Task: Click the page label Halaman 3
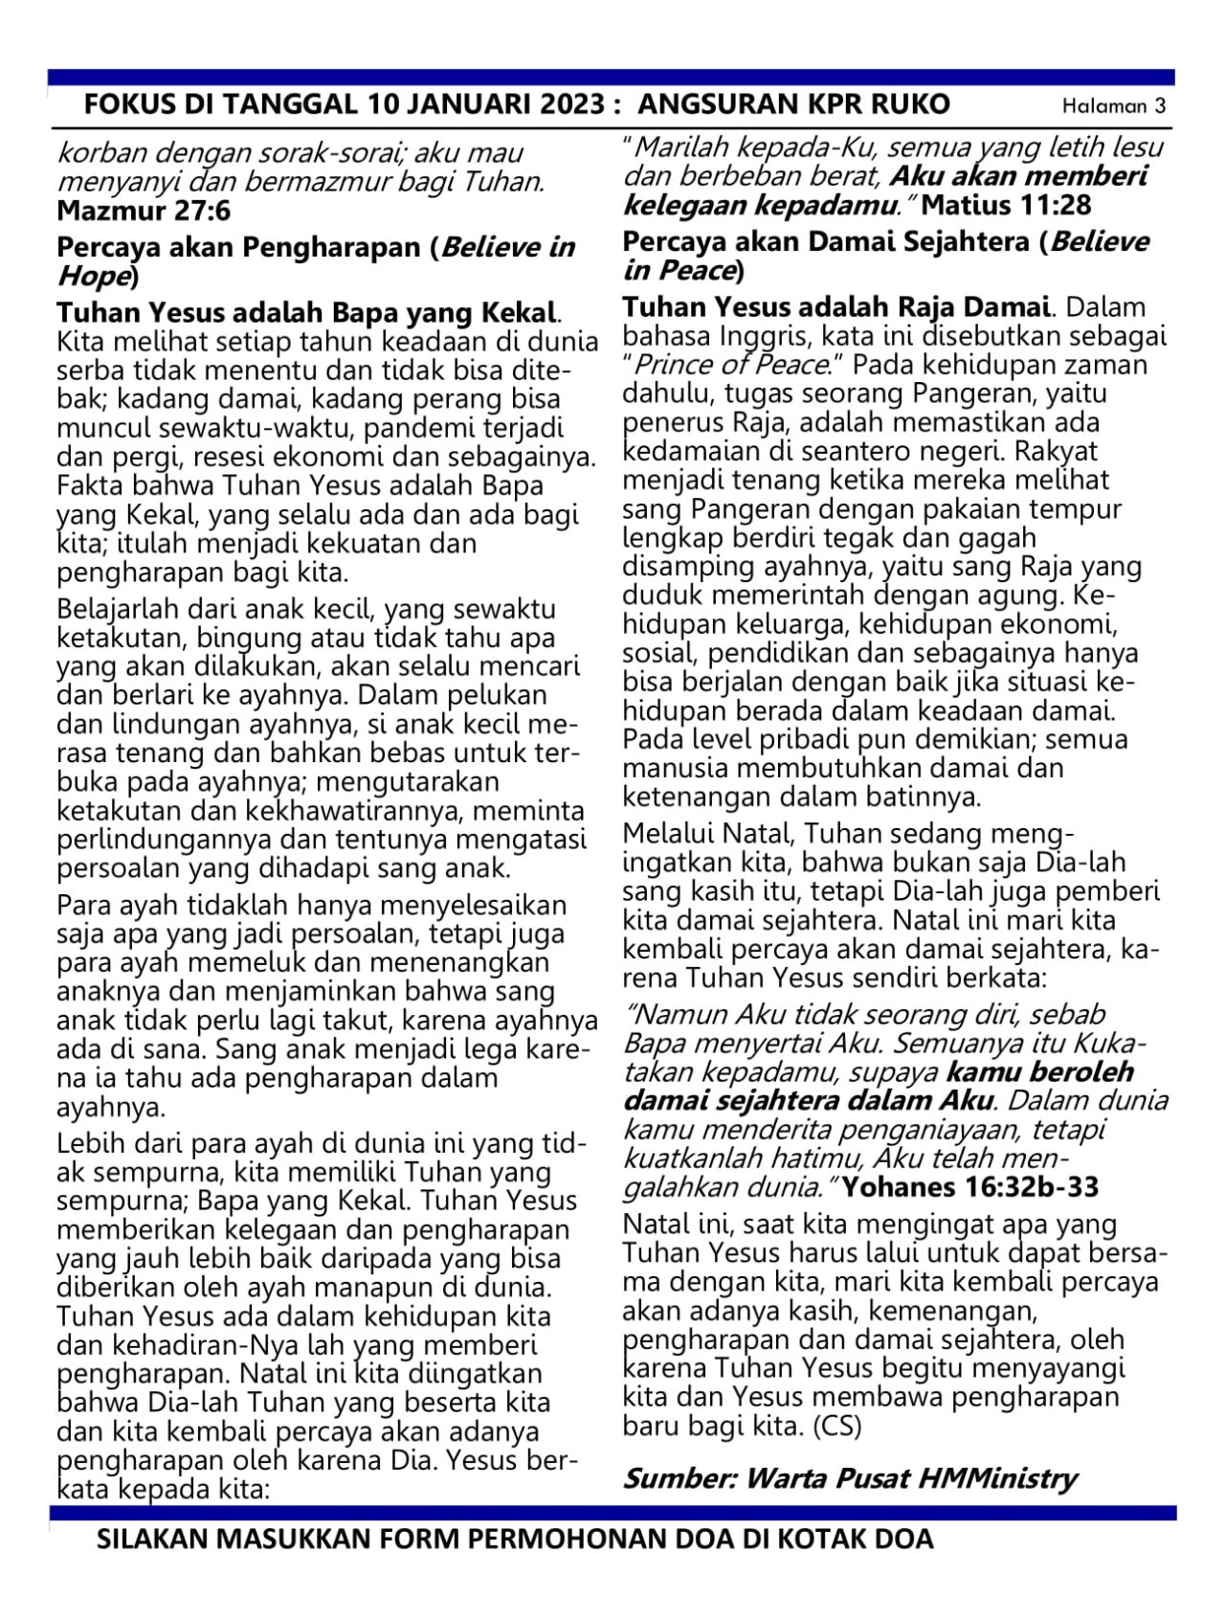click(1114, 106)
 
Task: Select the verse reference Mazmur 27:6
click(144, 210)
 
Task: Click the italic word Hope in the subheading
click(92, 277)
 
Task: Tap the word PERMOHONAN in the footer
click(557, 1541)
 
